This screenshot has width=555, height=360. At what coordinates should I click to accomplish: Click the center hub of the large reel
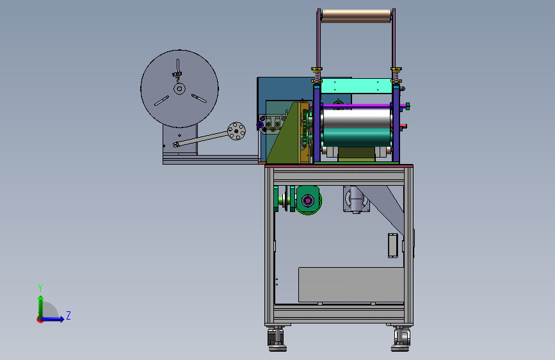click(x=179, y=88)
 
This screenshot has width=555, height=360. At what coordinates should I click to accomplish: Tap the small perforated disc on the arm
click(x=236, y=131)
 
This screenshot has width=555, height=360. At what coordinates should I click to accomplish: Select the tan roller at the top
click(x=357, y=16)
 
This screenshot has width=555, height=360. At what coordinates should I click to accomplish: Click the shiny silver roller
click(x=357, y=119)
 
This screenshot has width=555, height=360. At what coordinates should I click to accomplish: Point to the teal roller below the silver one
click(x=357, y=138)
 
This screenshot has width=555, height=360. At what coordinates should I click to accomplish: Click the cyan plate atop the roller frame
click(x=357, y=86)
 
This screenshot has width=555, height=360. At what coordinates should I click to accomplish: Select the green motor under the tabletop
click(x=308, y=200)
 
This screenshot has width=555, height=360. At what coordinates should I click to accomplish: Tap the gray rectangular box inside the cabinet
click(x=351, y=285)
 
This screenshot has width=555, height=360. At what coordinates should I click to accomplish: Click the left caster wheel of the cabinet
click(x=277, y=339)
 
